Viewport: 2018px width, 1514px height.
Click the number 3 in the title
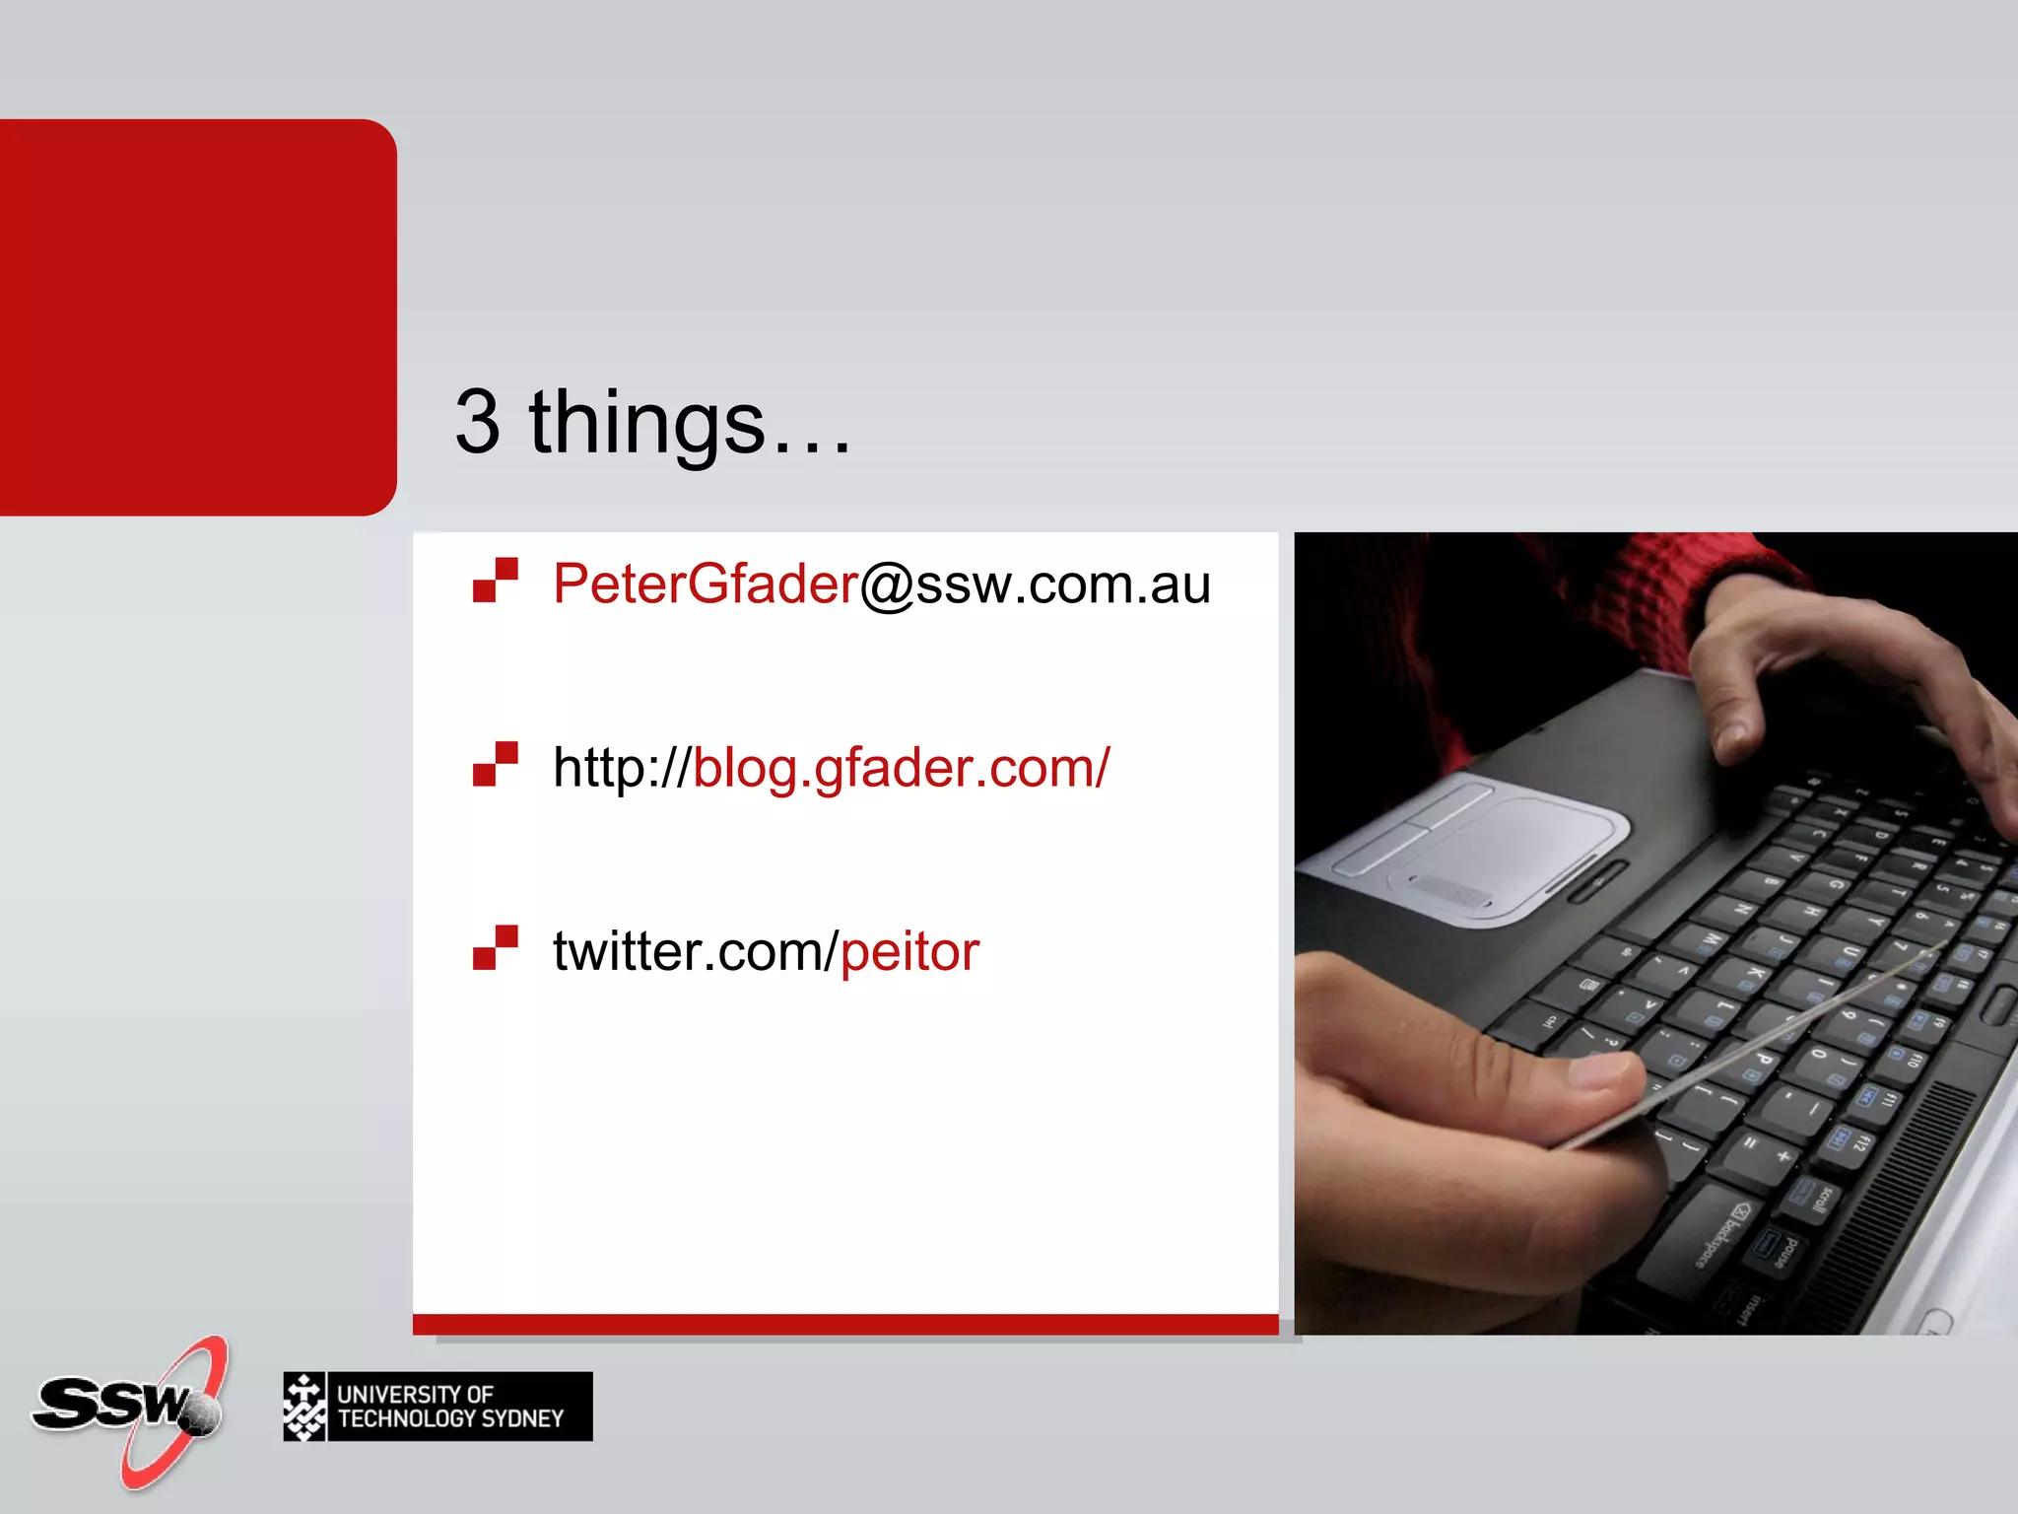click(477, 422)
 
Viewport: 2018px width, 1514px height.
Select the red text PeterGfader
click(706, 584)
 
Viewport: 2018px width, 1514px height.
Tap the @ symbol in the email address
click(887, 585)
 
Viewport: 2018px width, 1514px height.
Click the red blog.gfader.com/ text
click(901, 768)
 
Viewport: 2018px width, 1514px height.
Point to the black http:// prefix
click(621, 768)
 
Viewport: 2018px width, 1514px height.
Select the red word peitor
click(909, 952)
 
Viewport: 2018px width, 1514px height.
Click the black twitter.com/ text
click(695, 952)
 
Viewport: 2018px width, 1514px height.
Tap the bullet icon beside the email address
click(495, 580)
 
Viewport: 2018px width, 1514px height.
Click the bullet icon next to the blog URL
click(495, 764)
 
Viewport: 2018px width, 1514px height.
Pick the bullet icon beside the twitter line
click(495, 947)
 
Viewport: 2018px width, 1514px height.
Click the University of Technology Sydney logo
click(437, 1407)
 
